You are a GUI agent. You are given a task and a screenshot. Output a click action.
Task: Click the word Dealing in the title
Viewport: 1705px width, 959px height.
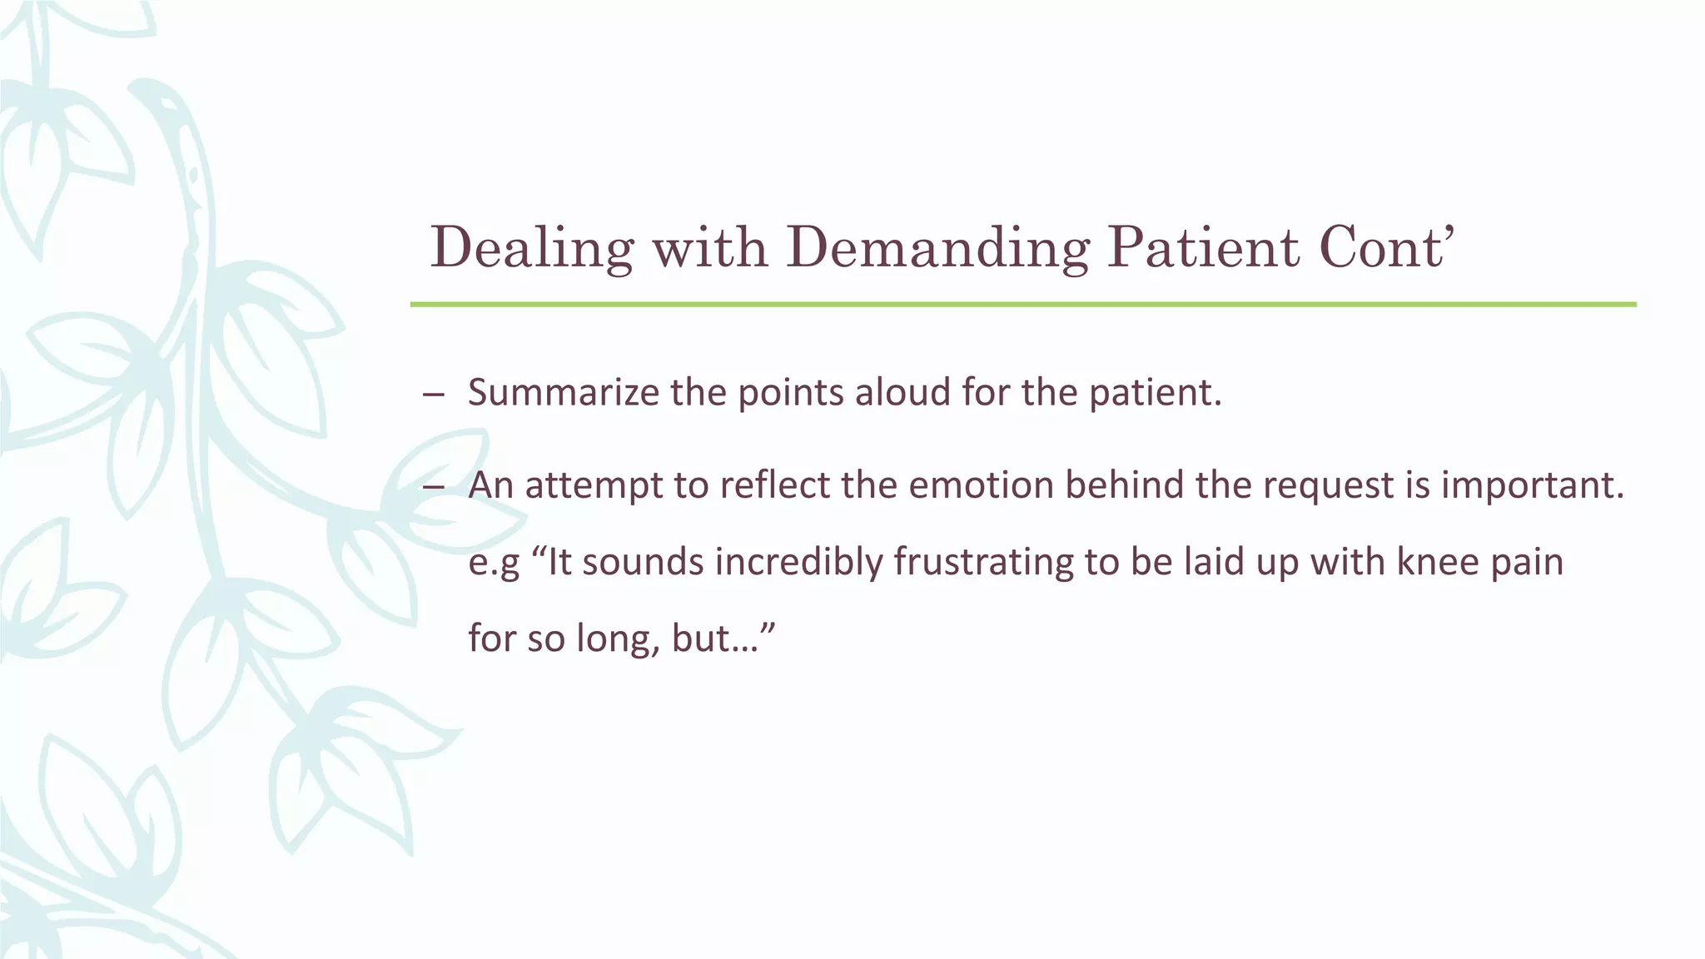[531, 248]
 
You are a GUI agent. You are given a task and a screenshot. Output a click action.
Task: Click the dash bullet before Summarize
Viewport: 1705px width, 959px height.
[433, 395]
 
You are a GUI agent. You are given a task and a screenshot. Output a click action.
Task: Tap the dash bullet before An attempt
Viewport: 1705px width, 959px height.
[433, 487]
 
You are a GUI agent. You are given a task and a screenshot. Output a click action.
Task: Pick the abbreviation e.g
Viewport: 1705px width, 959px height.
[494, 564]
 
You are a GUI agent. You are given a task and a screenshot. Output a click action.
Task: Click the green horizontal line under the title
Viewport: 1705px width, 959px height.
[1022, 305]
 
